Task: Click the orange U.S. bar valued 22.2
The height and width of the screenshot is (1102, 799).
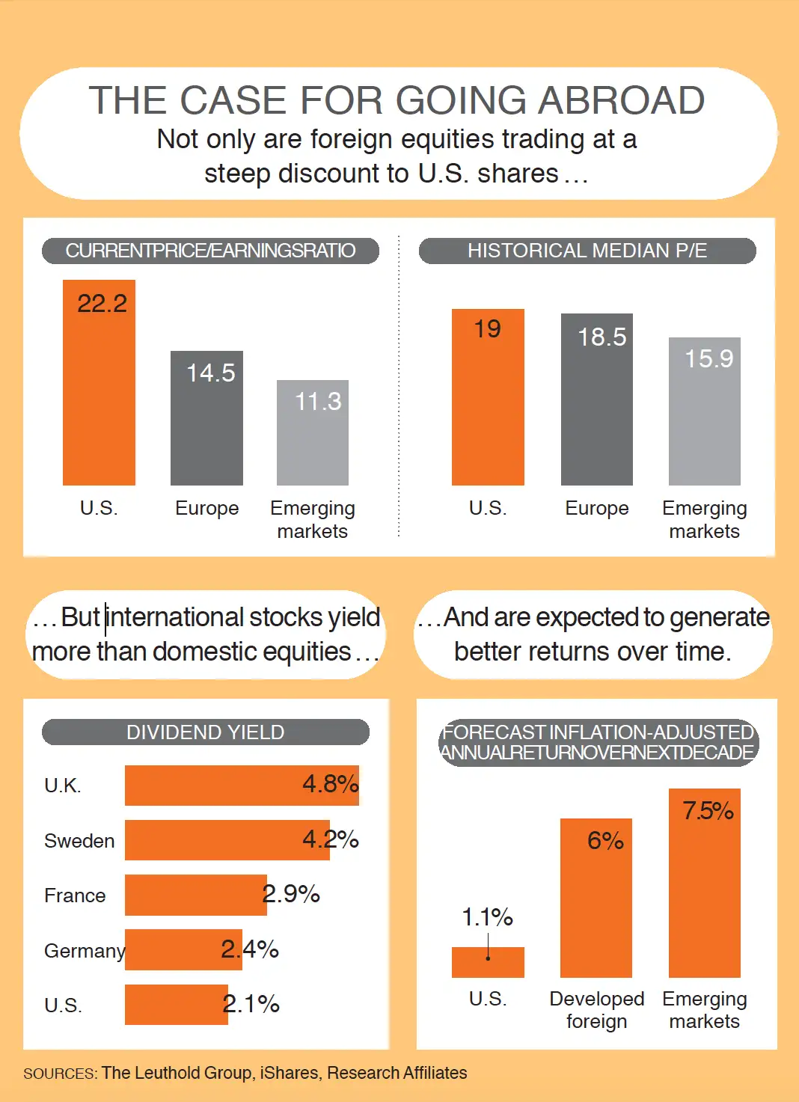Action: (x=99, y=389)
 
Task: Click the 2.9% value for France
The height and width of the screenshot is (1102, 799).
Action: (x=291, y=894)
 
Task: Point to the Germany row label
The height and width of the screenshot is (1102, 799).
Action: (x=84, y=951)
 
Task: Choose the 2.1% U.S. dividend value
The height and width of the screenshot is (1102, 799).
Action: (x=251, y=1004)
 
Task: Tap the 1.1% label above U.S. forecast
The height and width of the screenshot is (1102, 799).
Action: (x=488, y=917)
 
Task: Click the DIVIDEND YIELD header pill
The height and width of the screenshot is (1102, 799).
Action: (x=206, y=732)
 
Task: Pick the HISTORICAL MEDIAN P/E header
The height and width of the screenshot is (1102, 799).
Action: (x=587, y=251)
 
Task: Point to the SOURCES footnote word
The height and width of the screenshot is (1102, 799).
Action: (x=60, y=1074)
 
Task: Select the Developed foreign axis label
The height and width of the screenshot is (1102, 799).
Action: (x=596, y=1010)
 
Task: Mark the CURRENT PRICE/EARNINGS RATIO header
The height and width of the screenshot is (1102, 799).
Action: (x=210, y=251)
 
